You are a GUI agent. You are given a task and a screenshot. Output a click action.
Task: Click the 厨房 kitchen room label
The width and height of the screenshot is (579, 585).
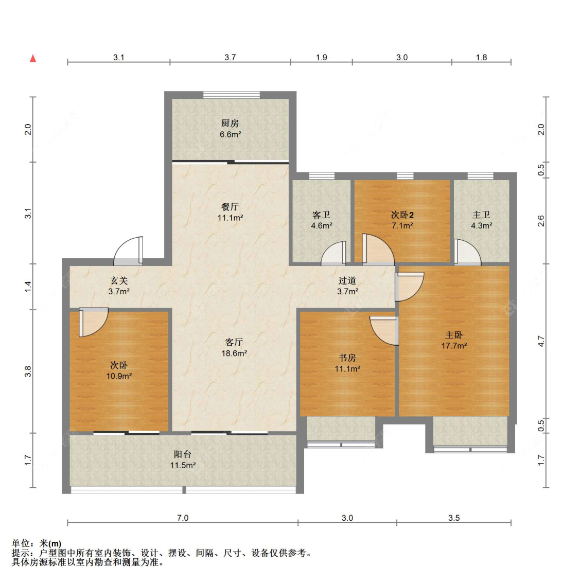click(230, 123)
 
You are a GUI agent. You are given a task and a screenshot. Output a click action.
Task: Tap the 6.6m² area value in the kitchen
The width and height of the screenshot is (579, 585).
click(231, 134)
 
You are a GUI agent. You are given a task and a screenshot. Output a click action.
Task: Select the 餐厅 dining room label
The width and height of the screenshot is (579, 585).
click(230, 207)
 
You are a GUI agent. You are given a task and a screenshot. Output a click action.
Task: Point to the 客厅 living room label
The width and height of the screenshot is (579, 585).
click(234, 342)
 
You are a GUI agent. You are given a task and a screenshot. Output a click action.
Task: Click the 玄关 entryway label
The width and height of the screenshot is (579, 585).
click(119, 280)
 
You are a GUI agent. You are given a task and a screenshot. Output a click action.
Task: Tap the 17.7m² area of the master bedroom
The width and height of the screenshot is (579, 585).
click(454, 346)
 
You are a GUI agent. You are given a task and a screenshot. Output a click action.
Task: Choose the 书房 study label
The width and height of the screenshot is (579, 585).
click(347, 358)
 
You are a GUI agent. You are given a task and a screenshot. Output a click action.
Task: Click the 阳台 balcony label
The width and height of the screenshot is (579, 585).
click(183, 454)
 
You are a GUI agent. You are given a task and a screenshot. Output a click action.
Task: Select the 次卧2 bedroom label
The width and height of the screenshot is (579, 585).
click(402, 215)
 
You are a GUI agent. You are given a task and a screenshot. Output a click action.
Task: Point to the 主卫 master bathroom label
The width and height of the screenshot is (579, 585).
click(481, 215)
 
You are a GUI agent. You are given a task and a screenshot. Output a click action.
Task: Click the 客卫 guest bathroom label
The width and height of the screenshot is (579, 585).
click(322, 215)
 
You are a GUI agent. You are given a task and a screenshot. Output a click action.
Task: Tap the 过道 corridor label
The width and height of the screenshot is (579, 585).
click(347, 280)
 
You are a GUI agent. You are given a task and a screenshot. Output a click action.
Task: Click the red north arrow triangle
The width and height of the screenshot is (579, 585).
click(33, 58)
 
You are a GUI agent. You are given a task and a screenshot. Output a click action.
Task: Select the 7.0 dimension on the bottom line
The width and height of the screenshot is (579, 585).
click(183, 518)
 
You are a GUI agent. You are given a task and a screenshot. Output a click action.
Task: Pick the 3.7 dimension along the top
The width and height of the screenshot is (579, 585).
click(230, 58)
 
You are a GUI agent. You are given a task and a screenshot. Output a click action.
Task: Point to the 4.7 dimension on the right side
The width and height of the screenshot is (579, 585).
click(541, 341)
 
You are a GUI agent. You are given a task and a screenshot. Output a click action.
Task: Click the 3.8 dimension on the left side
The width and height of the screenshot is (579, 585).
click(28, 371)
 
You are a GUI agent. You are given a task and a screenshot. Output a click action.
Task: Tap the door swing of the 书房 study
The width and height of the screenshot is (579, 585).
click(384, 331)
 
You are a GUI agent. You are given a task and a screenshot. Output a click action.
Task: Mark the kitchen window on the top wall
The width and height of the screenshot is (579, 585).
click(232, 95)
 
